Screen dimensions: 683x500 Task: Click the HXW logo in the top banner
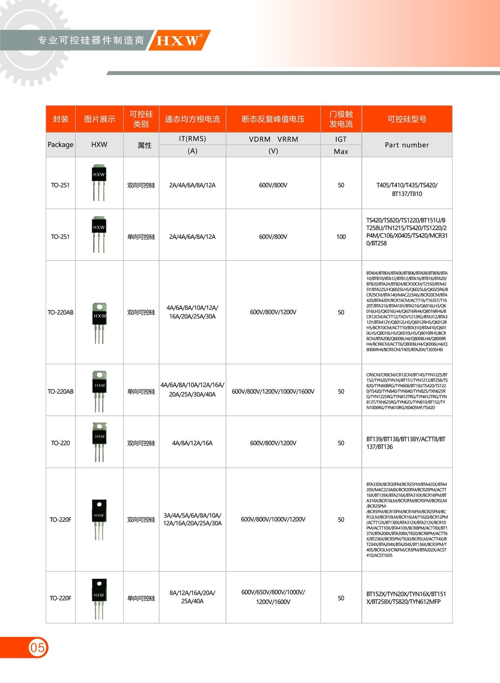178,40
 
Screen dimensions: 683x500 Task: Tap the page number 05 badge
37,647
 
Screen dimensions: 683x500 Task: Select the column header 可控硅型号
407,119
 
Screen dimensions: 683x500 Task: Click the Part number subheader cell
407,145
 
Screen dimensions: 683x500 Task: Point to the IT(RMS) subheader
192,139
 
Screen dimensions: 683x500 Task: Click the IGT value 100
341,237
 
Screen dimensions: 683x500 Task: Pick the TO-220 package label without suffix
60,443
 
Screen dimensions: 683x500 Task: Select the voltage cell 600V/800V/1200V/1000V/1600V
273,391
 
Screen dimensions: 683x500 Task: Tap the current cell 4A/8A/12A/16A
192,443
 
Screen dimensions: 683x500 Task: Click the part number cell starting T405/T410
407,189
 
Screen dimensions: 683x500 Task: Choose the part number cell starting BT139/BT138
406,443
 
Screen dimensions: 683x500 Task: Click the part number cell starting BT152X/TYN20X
406,598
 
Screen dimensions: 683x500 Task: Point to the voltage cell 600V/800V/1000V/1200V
273,519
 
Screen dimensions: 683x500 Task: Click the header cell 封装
60,119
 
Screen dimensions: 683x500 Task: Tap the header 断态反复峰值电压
273,119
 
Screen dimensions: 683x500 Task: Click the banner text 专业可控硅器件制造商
91,40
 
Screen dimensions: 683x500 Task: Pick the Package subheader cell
60,145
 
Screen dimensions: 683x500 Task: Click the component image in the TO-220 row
99,442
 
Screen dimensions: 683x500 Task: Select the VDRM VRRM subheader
273,139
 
